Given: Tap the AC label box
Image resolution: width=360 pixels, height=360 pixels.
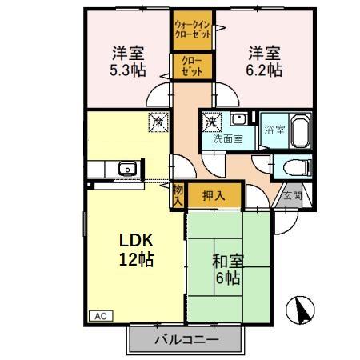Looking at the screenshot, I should tap(102, 316).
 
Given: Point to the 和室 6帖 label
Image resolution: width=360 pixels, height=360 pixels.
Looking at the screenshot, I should tap(228, 270).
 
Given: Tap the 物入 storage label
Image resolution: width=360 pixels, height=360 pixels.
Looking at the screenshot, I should tap(178, 196).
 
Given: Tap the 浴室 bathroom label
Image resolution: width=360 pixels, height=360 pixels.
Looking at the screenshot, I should tap(274, 130).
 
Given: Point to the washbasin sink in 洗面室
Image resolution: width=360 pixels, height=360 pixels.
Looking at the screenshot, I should tap(237, 120).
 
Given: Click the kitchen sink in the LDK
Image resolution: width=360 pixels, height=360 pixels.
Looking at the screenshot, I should tap(126, 169).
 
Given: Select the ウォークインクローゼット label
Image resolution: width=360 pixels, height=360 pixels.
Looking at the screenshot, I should tap(192, 30).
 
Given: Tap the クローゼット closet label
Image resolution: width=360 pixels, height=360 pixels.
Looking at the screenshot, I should tap(191, 66).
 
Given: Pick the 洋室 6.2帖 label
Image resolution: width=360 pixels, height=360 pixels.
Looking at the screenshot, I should tap(263, 62).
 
